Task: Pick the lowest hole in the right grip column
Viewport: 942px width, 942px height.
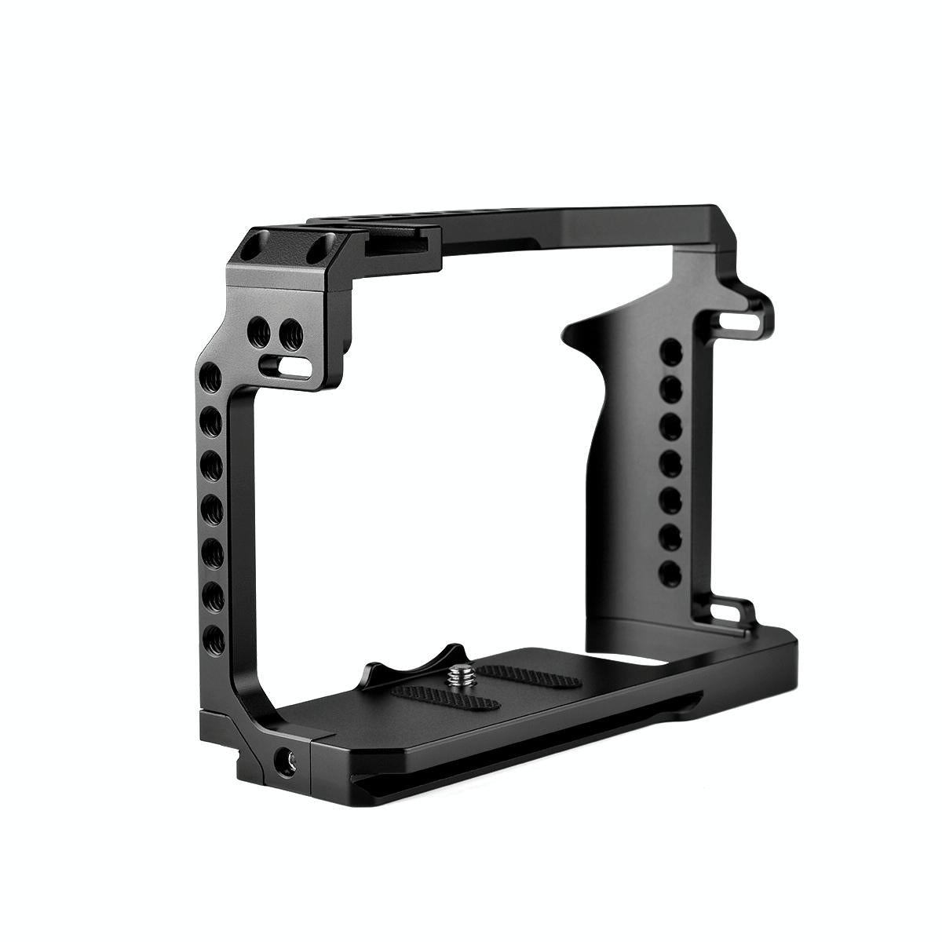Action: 668,571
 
